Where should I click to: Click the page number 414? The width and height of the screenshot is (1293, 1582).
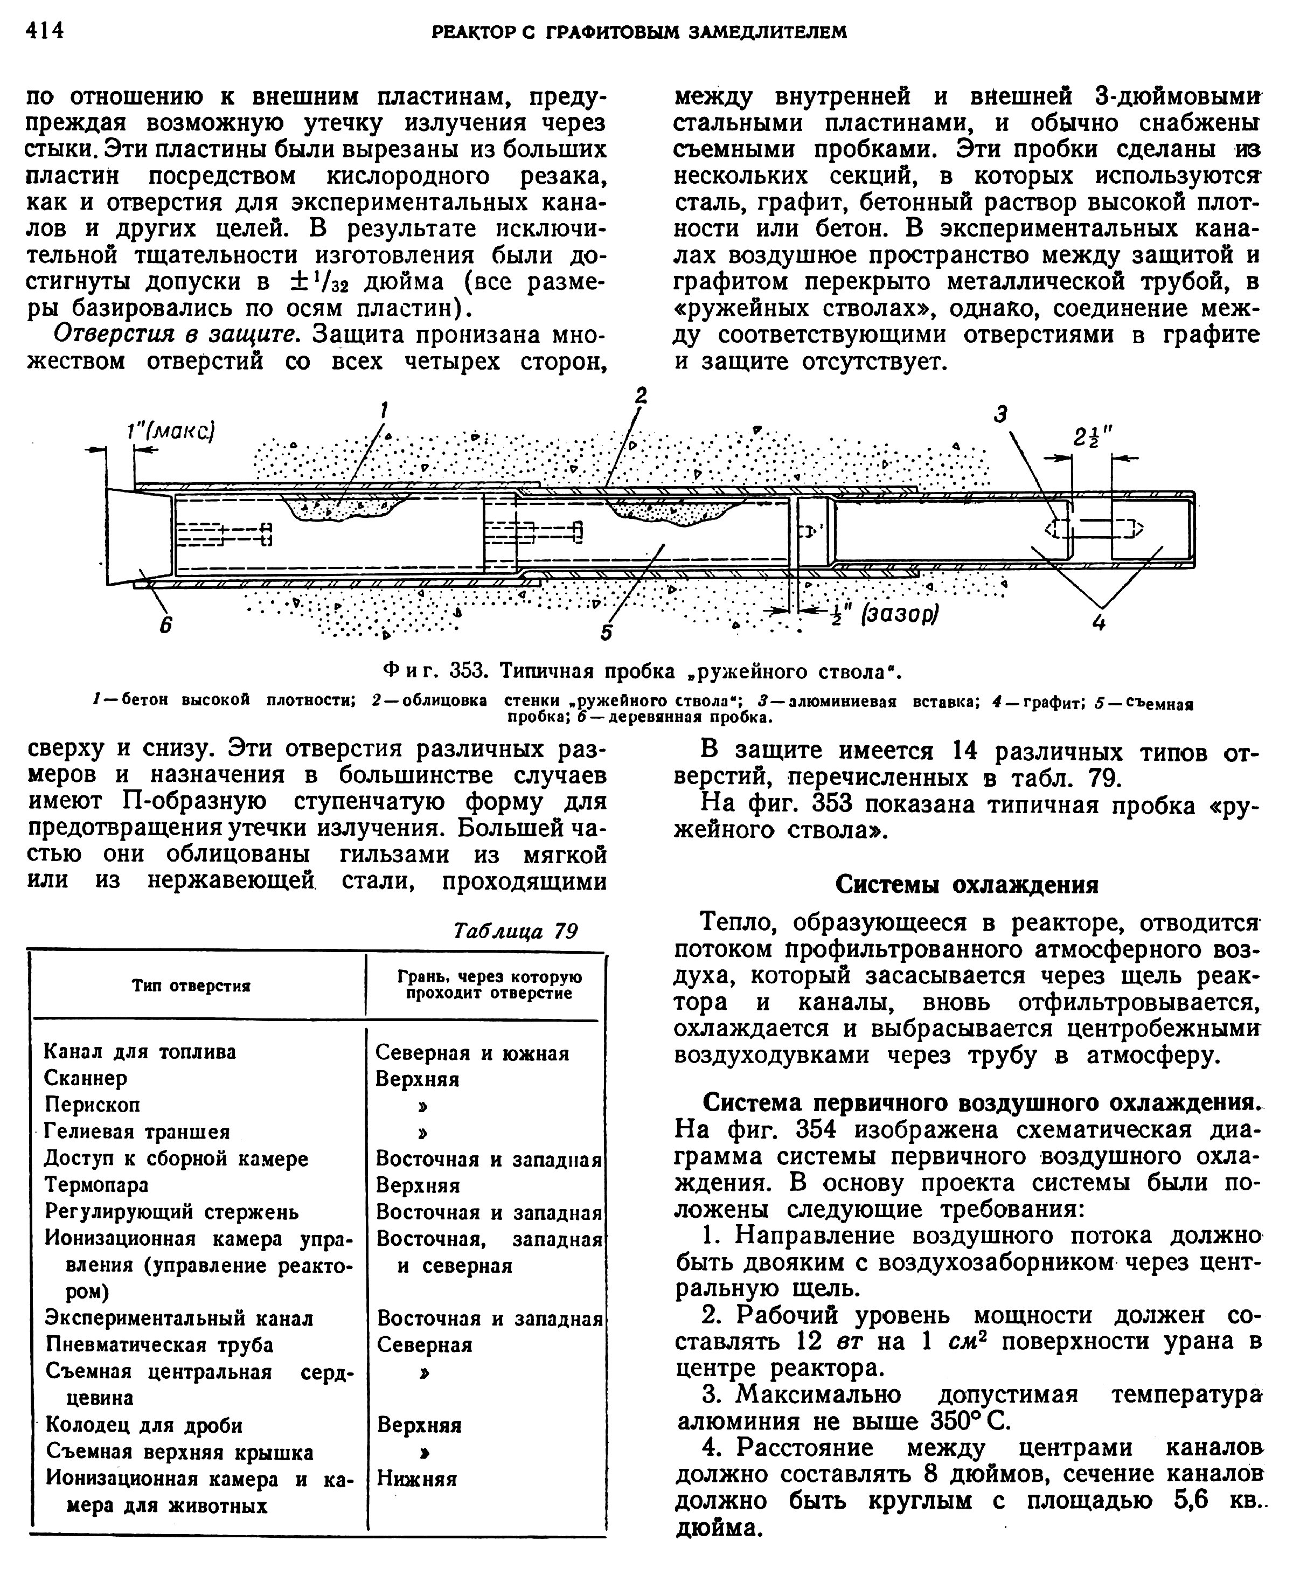[45, 31]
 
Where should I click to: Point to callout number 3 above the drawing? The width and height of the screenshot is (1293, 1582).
[1002, 414]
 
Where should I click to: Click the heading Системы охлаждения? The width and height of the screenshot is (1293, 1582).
[967, 885]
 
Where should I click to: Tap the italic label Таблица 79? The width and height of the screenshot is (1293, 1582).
[516, 931]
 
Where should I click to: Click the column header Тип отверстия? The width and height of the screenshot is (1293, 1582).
[191, 986]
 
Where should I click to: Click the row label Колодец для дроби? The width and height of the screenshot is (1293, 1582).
[144, 1425]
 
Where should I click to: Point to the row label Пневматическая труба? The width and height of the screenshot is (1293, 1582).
[159, 1345]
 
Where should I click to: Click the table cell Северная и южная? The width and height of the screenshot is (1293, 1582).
[472, 1052]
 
